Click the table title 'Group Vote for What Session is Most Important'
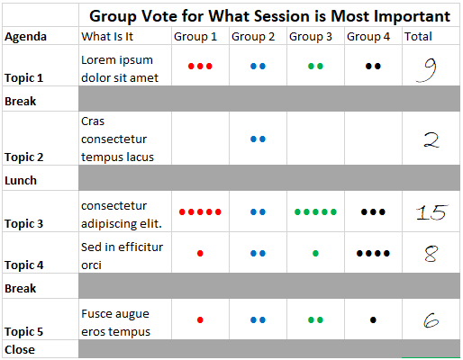tap(269, 16)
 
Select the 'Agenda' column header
tap(26, 37)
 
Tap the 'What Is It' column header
tap(108, 37)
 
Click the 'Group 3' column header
tap(312, 37)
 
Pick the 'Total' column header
tap(418, 37)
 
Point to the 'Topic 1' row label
tap(24, 78)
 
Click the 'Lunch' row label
tap(21, 180)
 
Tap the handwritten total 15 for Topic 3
tap(431, 212)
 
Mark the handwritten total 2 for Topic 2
tap(431, 139)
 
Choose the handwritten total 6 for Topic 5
tap(430, 319)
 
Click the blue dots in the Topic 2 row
tap(258, 139)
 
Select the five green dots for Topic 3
tap(315, 212)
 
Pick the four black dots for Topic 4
tap(373, 254)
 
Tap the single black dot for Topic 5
tap(373, 319)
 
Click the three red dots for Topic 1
tap(200, 67)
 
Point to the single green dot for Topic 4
tap(315, 254)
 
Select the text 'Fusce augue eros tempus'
tap(115, 321)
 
